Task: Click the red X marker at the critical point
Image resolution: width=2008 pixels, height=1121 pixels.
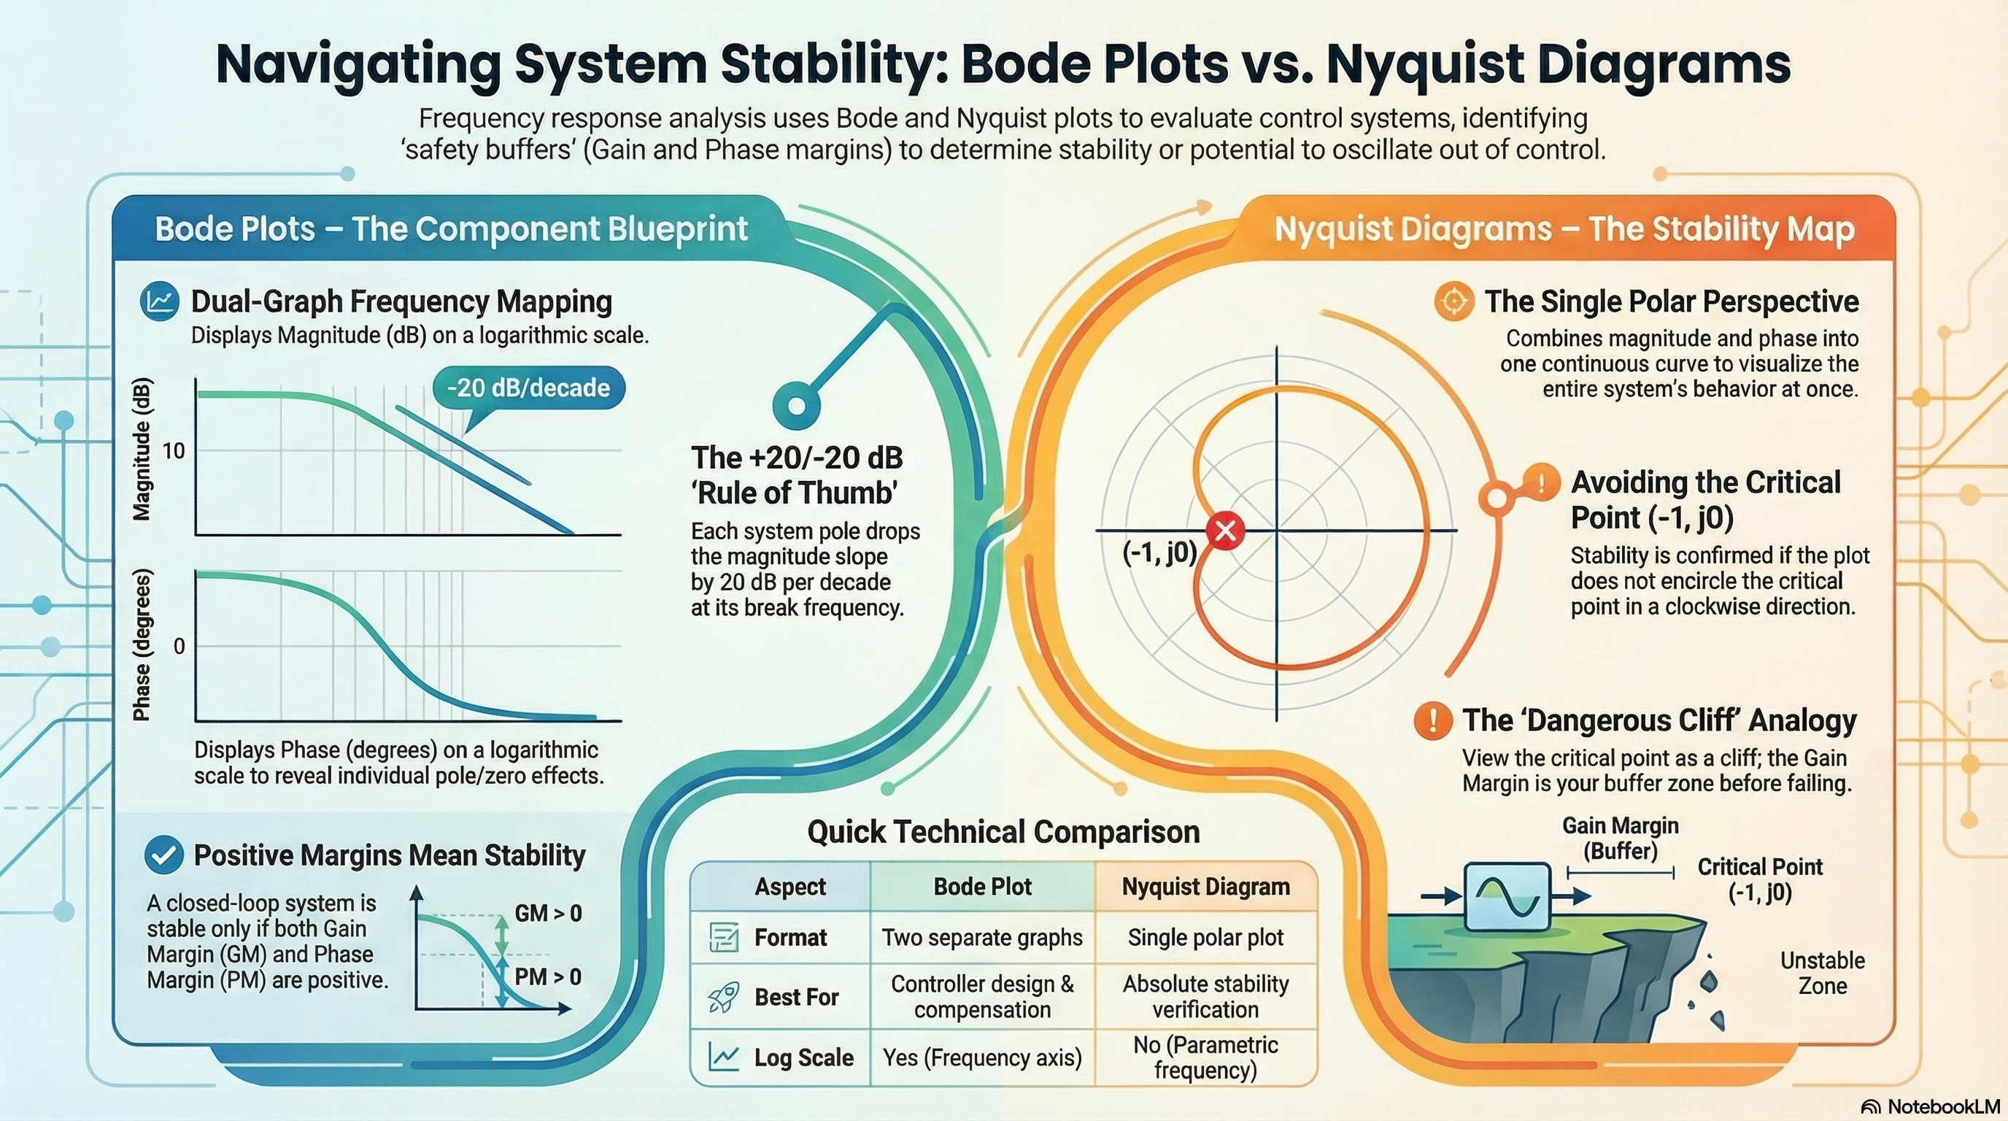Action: click(x=1224, y=531)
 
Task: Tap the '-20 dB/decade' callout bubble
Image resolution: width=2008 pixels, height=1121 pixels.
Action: click(x=528, y=388)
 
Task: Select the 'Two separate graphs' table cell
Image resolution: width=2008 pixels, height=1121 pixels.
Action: click(x=981, y=937)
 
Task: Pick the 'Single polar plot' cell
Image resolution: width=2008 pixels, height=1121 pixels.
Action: click(x=1205, y=937)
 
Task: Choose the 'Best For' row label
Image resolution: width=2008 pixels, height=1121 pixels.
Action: click(x=796, y=997)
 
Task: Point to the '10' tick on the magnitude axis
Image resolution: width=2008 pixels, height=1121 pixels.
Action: click(x=174, y=450)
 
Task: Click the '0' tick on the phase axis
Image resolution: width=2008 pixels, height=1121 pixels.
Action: click(x=179, y=646)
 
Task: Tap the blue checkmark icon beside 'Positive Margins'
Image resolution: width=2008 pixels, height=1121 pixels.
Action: click(x=163, y=855)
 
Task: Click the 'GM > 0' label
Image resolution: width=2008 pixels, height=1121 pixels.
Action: click(x=548, y=913)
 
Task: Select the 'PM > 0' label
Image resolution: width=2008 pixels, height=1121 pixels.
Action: click(x=548, y=976)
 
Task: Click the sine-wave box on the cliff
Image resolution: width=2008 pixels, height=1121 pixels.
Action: click(x=1507, y=896)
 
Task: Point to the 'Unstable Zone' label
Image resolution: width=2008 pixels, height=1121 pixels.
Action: click(x=1823, y=973)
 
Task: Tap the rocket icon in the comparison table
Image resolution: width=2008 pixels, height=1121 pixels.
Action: click(x=722, y=997)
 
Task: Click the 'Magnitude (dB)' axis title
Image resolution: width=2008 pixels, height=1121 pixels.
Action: click(x=141, y=449)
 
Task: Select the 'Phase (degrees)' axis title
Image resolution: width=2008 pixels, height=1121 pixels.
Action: click(x=141, y=645)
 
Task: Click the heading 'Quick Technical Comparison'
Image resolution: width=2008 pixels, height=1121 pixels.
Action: click(x=1003, y=832)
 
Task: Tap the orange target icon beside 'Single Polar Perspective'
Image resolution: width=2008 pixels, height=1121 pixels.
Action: click(x=1453, y=301)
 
